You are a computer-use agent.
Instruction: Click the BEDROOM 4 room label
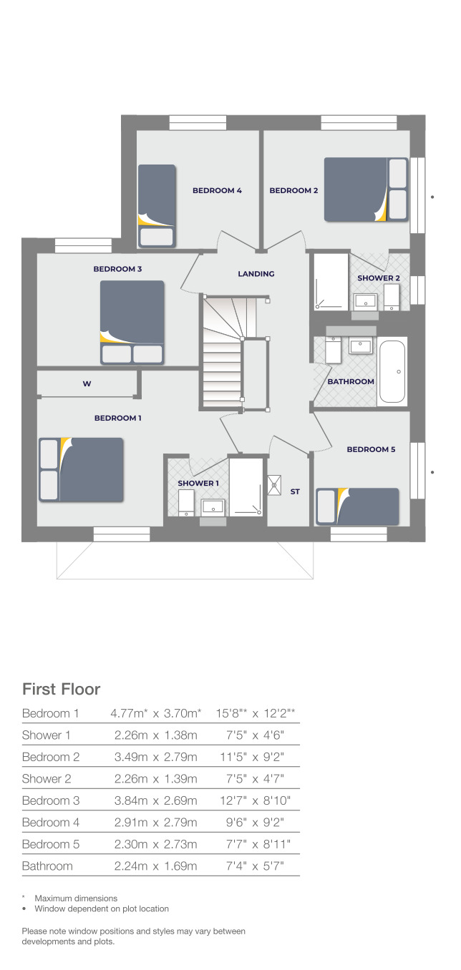(x=217, y=190)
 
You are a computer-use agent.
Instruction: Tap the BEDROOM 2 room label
(x=293, y=190)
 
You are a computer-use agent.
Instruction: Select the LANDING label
(x=256, y=274)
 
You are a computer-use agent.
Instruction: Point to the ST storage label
(x=295, y=491)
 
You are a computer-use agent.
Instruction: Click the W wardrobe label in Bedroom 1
(x=87, y=384)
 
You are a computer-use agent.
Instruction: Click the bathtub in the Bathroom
(x=392, y=371)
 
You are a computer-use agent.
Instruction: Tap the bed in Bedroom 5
(x=357, y=506)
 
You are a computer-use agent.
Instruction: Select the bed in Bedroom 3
(x=132, y=322)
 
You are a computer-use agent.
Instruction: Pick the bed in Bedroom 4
(x=156, y=206)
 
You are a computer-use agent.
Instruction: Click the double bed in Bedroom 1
(x=82, y=469)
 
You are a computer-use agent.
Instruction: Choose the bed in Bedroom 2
(x=366, y=190)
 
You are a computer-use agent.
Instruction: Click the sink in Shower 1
(x=213, y=506)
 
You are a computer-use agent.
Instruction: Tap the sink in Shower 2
(x=366, y=300)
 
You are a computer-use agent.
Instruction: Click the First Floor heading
(x=62, y=690)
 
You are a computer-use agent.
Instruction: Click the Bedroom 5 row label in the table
(x=51, y=844)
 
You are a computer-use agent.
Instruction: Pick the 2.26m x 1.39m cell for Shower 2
(x=156, y=778)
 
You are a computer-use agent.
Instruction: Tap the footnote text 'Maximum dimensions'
(x=76, y=898)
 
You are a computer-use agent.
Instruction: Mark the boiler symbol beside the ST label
(x=275, y=485)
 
